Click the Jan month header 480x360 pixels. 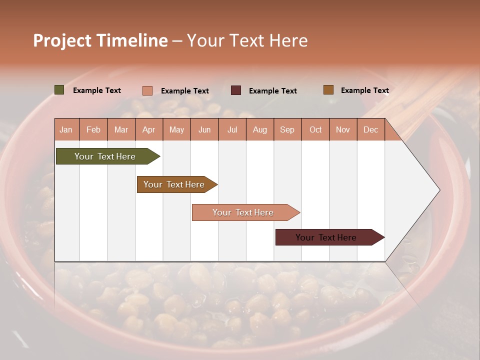point(66,129)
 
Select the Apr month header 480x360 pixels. point(148,129)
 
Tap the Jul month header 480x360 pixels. point(232,129)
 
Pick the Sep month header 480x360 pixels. point(287,129)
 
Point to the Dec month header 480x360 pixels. point(370,129)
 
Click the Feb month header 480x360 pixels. point(93,129)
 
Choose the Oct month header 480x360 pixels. point(315,129)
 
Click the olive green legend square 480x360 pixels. point(59,90)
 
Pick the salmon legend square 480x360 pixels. point(147,90)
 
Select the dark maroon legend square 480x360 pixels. point(236,90)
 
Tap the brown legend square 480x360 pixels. point(328,90)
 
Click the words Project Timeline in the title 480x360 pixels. point(100,40)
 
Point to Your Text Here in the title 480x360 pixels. point(247,40)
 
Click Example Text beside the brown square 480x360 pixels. point(364,90)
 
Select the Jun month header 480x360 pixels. point(204,129)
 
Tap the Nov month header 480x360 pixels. point(343,129)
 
